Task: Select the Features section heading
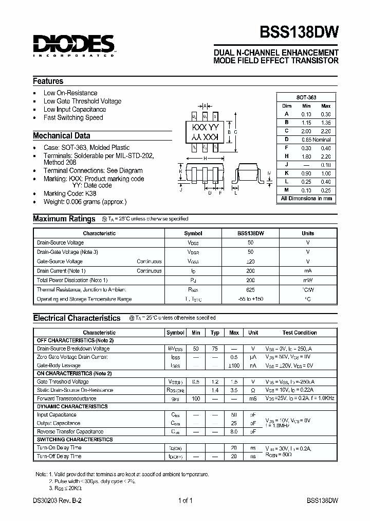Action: [48, 81]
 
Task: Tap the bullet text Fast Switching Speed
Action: [73, 117]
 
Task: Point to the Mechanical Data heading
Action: [62, 136]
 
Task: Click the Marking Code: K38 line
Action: [70, 194]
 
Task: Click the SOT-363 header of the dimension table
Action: [306, 97]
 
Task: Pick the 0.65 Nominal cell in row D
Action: [316, 140]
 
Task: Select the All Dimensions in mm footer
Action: [306, 198]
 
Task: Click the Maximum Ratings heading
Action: [64, 219]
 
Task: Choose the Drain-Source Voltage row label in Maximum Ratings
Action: [61, 242]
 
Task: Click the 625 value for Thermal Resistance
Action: [250, 289]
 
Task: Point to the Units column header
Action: [307, 233]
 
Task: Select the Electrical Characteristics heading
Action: [77, 318]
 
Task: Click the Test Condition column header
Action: [300, 333]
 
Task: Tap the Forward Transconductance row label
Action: [66, 398]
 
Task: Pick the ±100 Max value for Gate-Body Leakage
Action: [234, 365]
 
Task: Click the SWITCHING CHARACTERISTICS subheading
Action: [75, 440]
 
